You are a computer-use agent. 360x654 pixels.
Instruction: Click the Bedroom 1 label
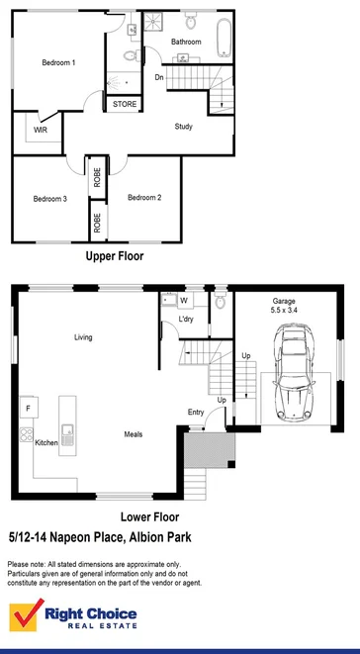58,63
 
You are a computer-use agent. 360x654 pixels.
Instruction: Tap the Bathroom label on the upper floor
186,42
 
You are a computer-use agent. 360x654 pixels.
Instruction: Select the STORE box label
125,104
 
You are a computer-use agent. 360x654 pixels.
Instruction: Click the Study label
183,127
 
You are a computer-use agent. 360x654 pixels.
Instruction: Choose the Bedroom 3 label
49,199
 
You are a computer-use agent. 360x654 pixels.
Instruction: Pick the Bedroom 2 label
144,198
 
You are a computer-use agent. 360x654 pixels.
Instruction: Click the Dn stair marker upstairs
158,77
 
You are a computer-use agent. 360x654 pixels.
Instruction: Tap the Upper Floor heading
114,255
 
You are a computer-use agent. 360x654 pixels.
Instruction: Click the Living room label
83,337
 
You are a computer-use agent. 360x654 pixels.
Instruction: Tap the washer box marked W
183,300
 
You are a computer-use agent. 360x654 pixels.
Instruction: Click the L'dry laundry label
185,320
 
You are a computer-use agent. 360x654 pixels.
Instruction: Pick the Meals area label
134,434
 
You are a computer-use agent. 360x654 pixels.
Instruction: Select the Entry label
196,413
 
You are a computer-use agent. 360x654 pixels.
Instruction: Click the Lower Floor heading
148,516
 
